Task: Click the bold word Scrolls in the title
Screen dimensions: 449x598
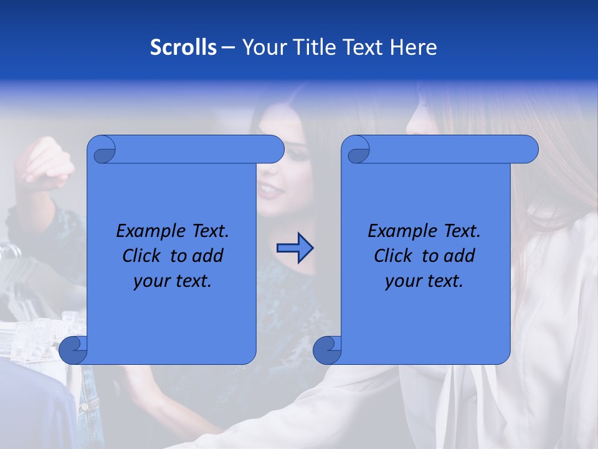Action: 183,47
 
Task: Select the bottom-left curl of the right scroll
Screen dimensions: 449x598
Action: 328,350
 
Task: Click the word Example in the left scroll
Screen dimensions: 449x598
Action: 148,231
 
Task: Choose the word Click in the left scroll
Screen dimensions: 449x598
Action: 141,256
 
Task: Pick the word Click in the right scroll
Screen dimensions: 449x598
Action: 392,256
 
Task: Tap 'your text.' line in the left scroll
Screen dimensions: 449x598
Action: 173,281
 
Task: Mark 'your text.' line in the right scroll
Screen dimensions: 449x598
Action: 424,281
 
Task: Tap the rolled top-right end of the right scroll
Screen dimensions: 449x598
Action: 527,150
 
